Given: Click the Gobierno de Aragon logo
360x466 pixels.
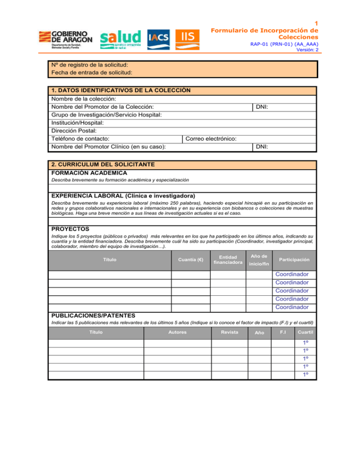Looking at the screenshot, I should (x=66, y=40).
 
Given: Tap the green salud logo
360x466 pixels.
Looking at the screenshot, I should (x=120, y=39).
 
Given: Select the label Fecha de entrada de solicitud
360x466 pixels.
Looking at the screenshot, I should (x=91, y=73).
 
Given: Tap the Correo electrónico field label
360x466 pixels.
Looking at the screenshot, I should (x=211, y=139).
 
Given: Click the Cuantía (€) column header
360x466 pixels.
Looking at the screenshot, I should (x=190, y=259).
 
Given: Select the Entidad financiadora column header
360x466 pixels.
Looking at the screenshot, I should (x=228, y=259).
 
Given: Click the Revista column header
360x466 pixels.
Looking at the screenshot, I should (x=230, y=332).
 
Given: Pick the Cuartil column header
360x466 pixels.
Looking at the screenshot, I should (x=306, y=332).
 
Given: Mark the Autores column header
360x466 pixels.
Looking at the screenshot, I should (x=177, y=332).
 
